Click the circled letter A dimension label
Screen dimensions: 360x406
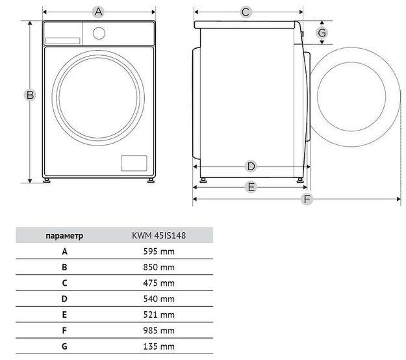[x=99, y=11]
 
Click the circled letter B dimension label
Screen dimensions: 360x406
[x=29, y=96]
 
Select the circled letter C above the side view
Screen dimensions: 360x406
[x=246, y=11]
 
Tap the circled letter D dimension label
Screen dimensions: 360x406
[x=251, y=166]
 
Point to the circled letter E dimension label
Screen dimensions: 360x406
[x=251, y=187]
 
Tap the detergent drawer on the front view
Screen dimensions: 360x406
[x=62, y=40]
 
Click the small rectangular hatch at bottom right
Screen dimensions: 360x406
[x=133, y=163]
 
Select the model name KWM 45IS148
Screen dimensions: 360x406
[x=159, y=235]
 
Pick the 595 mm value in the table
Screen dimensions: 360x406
[x=159, y=251]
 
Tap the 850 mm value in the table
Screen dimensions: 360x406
[x=159, y=266]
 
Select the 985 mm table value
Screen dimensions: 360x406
[x=159, y=330]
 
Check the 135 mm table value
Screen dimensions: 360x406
[x=159, y=346]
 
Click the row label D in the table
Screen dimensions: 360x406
[x=64, y=298]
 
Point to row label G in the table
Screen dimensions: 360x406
[x=64, y=346]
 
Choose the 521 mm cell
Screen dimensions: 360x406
[x=159, y=315]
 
